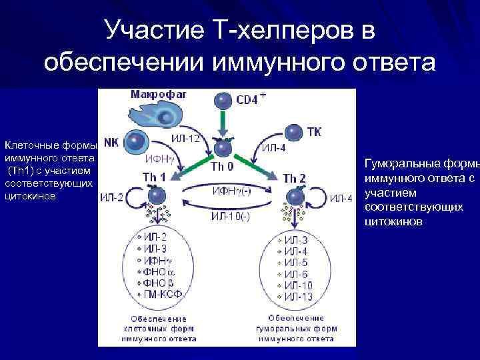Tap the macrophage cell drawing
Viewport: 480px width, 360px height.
coord(155,113)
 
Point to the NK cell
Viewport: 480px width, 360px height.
coord(135,142)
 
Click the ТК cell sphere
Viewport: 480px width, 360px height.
coord(293,132)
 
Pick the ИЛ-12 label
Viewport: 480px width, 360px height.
coord(185,139)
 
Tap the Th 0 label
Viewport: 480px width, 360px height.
coord(222,166)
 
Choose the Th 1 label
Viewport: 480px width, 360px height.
coord(153,177)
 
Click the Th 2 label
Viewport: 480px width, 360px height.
coord(295,178)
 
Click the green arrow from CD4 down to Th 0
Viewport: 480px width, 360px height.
coord(222,123)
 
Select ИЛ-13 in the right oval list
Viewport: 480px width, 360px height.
coord(297,295)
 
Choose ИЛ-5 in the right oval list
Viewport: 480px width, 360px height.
coord(295,262)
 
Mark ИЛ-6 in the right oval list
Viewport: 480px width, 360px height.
coord(295,273)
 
